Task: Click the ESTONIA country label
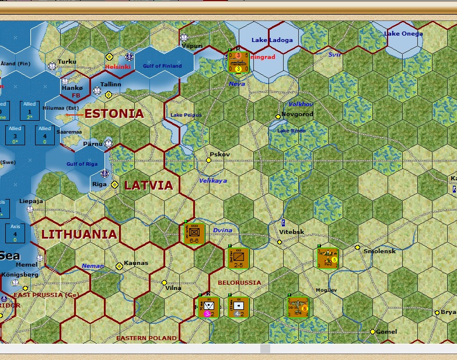pos(114,114)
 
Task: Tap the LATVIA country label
pos(148,186)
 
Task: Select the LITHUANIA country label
pos(79,235)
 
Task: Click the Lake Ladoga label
pos(272,40)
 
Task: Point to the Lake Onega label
pos(403,34)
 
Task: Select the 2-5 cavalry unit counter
pos(238,258)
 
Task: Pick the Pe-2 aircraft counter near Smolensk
pos(328,258)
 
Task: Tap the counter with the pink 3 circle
pos(208,307)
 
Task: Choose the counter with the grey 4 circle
pos(238,307)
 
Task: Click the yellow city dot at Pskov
pos(209,160)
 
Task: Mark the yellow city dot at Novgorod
pos(278,117)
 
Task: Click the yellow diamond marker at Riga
pos(115,184)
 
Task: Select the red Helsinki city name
pos(118,67)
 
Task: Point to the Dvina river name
pos(222,230)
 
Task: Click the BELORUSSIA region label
pos(239,283)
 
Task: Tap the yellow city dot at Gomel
pos(372,332)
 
